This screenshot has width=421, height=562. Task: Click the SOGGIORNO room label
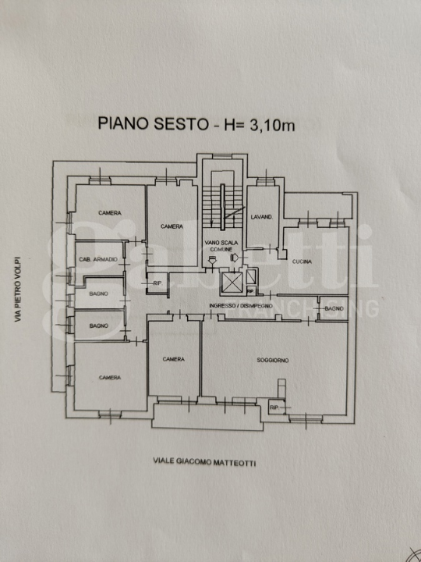click(274, 360)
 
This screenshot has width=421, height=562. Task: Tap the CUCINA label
click(302, 261)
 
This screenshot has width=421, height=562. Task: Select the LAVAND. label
click(260, 217)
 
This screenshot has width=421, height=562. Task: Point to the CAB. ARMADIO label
click(98, 259)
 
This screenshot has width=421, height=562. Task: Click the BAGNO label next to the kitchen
click(334, 310)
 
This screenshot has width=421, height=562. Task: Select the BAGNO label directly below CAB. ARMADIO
click(98, 293)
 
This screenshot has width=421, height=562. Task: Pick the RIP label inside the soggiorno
click(274, 407)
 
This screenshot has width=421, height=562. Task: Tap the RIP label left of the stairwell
click(157, 283)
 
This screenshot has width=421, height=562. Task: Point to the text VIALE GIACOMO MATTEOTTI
click(204, 462)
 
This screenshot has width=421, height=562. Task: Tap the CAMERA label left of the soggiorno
click(173, 359)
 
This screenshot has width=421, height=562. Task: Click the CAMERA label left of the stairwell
click(172, 226)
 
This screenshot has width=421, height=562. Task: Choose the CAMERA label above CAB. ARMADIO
click(109, 213)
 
